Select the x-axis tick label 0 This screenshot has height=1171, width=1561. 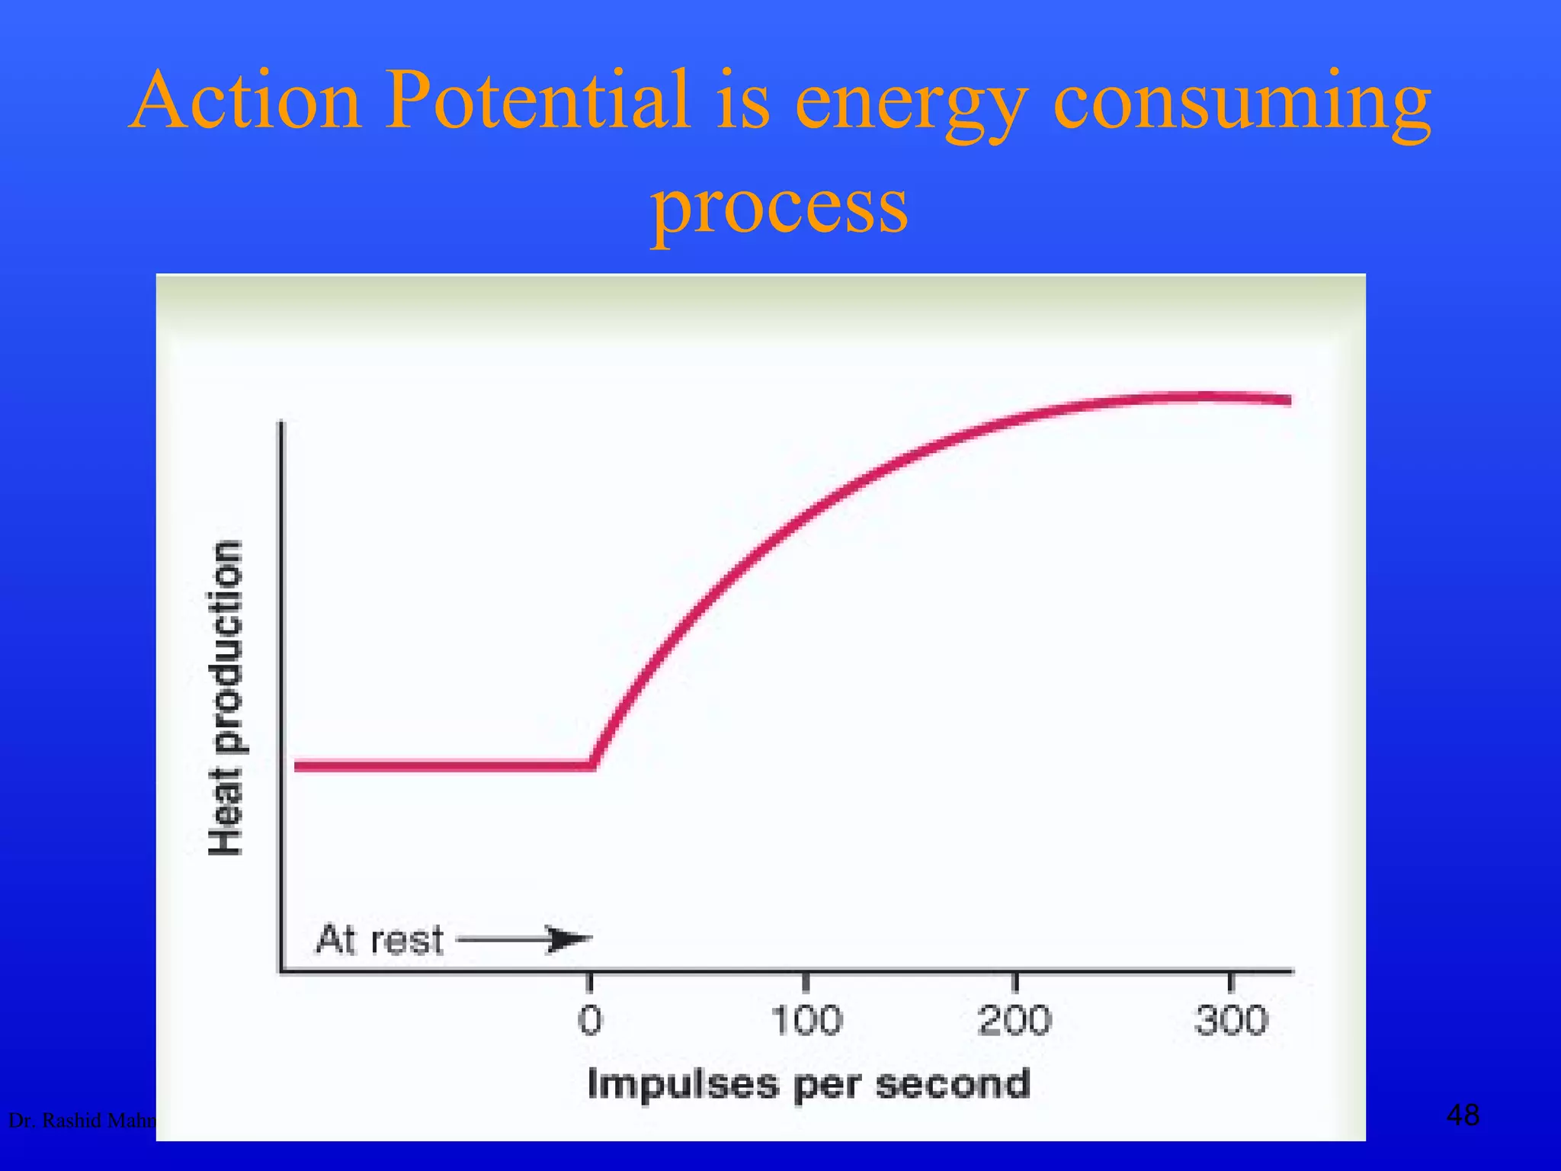coord(590,1020)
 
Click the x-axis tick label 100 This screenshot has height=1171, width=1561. coord(806,1020)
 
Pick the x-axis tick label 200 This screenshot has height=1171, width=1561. coord(1014,1020)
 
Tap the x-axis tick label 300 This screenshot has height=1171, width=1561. coord(1231,1020)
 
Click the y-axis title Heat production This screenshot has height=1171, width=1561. coord(226,698)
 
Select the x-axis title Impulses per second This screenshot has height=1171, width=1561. coord(809,1084)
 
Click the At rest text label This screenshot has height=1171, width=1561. coord(380,939)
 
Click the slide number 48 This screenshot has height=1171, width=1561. coord(1463,1115)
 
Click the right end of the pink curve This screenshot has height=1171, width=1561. coord(1288,400)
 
